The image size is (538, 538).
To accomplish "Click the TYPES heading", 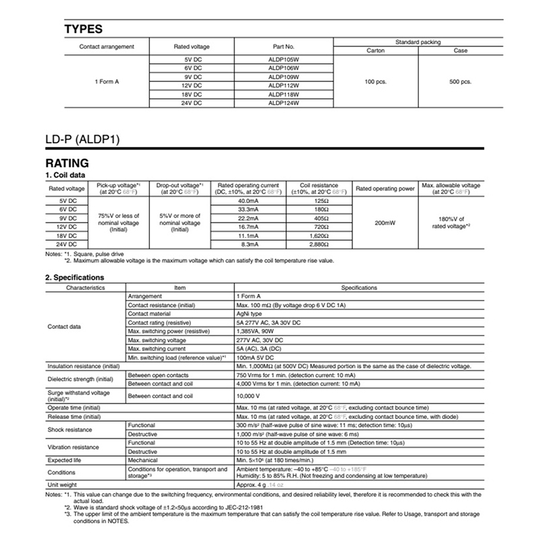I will tap(83, 29).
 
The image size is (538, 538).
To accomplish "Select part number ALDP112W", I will tap(284, 85).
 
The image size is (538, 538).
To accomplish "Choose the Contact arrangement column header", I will tap(106, 46).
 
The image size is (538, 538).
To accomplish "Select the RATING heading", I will tap(67, 163).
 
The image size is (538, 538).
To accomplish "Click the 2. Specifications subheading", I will tap(74, 276).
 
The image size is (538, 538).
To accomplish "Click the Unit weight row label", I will tap(63, 484).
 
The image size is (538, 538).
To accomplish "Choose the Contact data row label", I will tap(65, 327).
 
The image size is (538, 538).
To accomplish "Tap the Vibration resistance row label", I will tap(73, 447).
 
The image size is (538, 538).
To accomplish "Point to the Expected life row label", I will tap(65, 460).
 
